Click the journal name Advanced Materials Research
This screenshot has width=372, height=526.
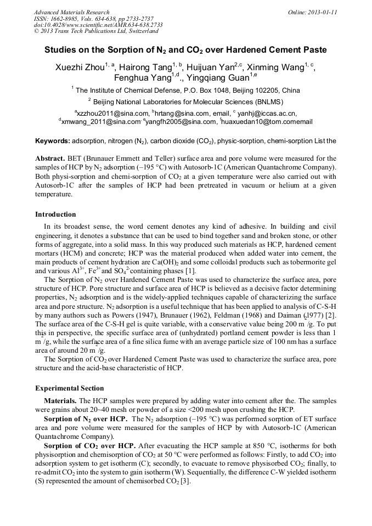coord(71,12)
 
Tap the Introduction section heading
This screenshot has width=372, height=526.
coord(55,214)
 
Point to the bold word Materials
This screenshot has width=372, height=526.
coord(61,401)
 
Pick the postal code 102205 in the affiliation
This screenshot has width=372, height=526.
coord(265,91)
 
